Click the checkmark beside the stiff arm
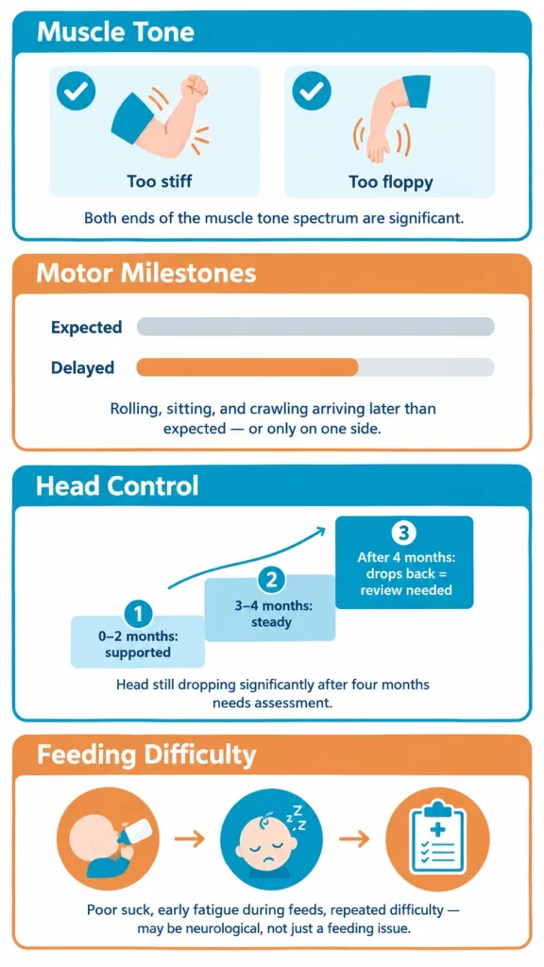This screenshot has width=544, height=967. (76, 92)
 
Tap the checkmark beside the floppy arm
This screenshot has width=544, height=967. (312, 92)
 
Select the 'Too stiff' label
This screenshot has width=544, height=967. (159, 182)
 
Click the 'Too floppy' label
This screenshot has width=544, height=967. (390, 182)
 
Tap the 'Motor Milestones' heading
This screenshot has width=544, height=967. (146, 273)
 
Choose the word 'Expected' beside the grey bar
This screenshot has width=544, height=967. (86, 328)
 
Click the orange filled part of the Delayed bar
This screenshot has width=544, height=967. (247, 367)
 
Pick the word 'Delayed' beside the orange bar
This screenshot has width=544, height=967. (83, 367)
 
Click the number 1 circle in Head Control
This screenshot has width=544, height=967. (138, 614)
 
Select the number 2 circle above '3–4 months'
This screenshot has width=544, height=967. (271, 581)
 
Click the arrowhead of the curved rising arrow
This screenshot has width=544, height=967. (320, 529)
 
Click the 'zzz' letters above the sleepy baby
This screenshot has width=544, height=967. (296, 817)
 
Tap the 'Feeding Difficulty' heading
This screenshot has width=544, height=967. (146, 755)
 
